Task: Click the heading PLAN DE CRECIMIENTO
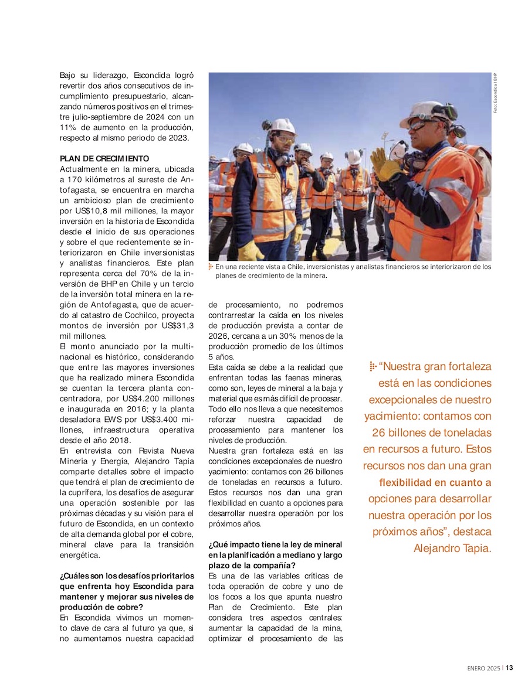pos(104,158)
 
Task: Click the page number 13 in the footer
pos(510,667)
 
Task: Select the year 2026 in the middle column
pos(218,336)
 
